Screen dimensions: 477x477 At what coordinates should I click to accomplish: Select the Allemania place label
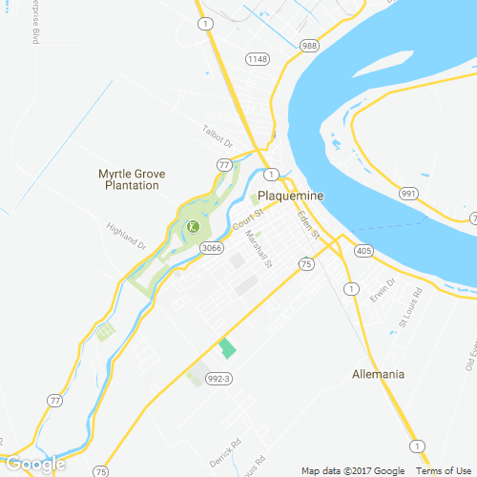point(379,373)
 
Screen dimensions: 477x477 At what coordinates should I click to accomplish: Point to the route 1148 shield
point(257,60)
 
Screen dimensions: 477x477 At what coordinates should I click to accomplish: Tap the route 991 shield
point(409,194)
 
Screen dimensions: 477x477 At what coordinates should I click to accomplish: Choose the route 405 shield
point(363,251)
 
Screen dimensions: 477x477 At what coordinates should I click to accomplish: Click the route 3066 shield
point(212,248)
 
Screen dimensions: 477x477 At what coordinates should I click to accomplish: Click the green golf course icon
point(192,226)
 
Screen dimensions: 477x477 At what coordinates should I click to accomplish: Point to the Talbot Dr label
point(218,136)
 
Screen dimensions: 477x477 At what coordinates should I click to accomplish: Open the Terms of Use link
point(442,470)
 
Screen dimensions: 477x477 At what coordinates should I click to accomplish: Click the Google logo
point(35,465)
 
